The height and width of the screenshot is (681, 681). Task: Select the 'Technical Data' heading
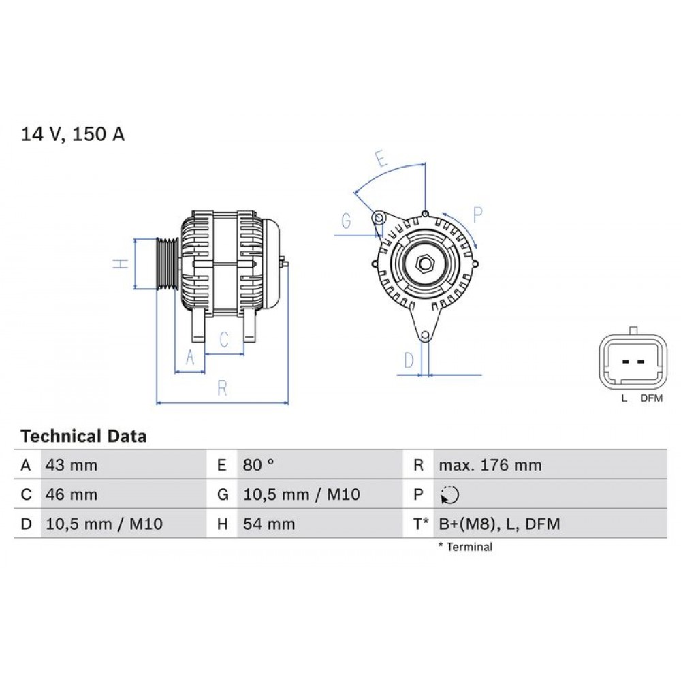tap(84, 437)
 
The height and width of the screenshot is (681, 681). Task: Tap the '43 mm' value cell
tap(72, 466)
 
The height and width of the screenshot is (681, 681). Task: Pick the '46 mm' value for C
tap(72, 494)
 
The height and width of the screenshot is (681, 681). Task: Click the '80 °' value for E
tap(259, 466)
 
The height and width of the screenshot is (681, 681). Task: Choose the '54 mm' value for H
tap(269, 524)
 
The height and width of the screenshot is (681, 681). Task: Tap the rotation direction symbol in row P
tap(450, 495)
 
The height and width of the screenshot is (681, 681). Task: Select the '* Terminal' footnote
tap(466, 547)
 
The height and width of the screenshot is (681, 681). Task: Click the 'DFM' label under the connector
tap(651, 399)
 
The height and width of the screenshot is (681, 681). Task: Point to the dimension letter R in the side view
tap(221, 389)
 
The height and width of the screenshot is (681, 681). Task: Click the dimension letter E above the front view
tap(382, 160)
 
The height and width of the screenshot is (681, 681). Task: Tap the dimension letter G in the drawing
tap(346, 221)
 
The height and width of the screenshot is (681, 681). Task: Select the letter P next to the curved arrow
tap(478, 215)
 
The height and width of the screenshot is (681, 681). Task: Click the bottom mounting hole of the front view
tap(425, 335)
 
